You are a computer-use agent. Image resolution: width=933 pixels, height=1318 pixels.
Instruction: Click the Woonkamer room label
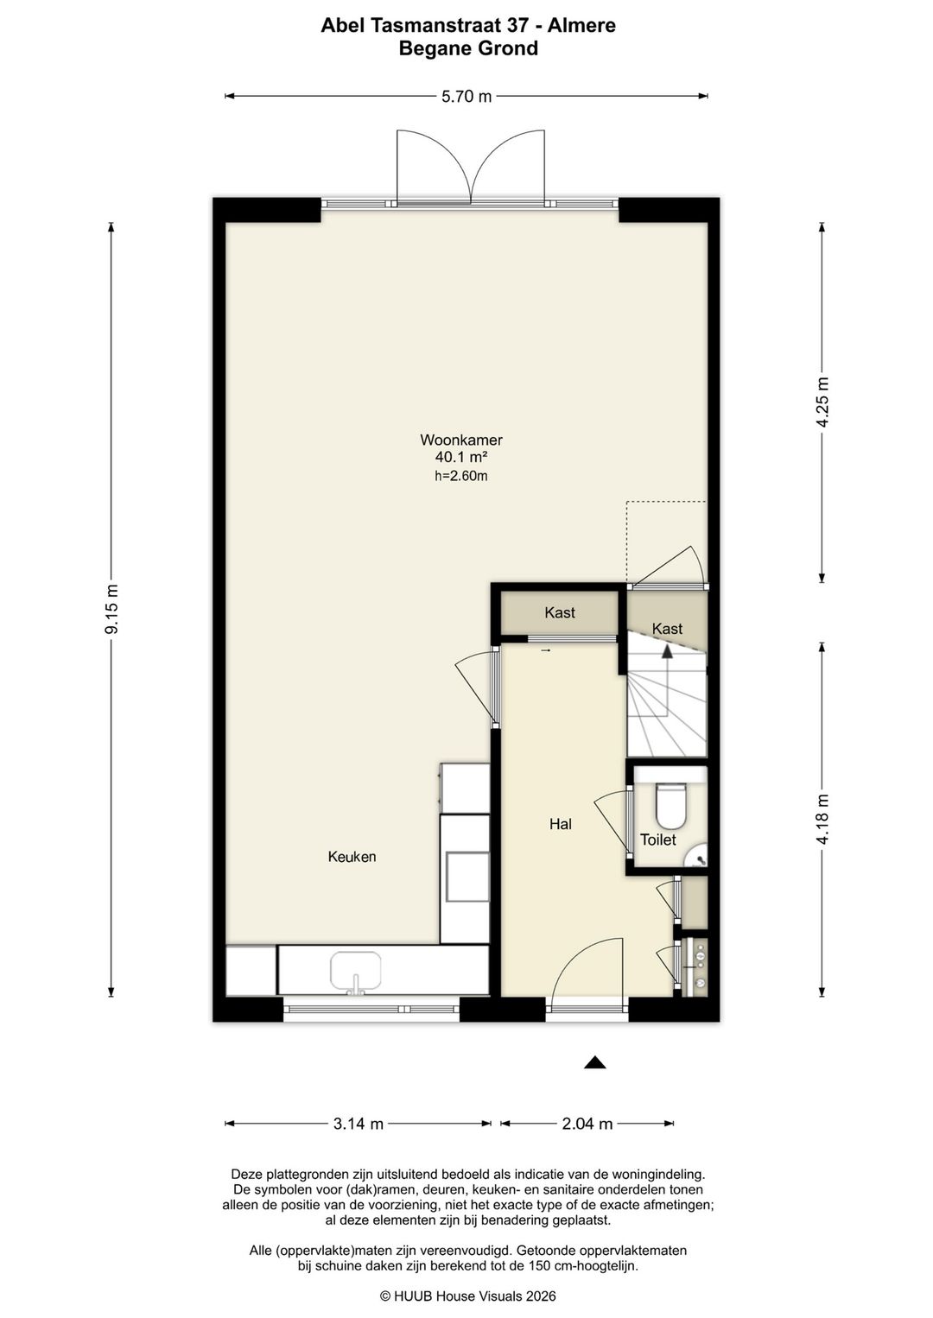(x=461, y=440)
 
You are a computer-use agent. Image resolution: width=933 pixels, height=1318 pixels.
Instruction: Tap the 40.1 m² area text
(x=461, y=457)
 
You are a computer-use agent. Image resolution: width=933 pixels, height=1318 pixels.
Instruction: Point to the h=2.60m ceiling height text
(x=461, y=476)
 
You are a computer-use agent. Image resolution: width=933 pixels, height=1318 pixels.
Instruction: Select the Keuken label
(x=352, y=857)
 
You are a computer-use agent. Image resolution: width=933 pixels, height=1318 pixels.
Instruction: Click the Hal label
(x=561, y=824)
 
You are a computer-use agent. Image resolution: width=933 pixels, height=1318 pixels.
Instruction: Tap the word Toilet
(x=658, y=840)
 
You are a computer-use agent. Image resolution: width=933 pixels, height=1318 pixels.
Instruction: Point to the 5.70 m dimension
(x=466, y=96)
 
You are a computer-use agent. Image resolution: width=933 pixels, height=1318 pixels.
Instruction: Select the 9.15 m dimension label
(x=111, y=609)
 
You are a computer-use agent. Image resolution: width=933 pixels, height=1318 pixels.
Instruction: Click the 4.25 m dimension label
(x=822, y=402)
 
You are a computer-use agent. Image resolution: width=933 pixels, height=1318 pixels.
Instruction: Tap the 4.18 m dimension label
(x=822, y=819)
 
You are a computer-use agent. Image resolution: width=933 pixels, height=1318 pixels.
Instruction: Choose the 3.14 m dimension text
(x=359, y=1124)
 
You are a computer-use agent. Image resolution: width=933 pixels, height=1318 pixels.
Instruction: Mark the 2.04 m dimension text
(x=587, y=1124)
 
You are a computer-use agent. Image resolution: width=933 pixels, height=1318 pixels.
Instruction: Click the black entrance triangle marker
(x=595, y=1062)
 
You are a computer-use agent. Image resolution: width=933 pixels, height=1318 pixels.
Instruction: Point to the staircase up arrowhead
(x=667, y=651)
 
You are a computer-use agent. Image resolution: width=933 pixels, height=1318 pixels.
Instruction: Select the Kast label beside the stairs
(x=667, y=629)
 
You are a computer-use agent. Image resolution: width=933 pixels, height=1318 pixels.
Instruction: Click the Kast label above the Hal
(x=560, y=612)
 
